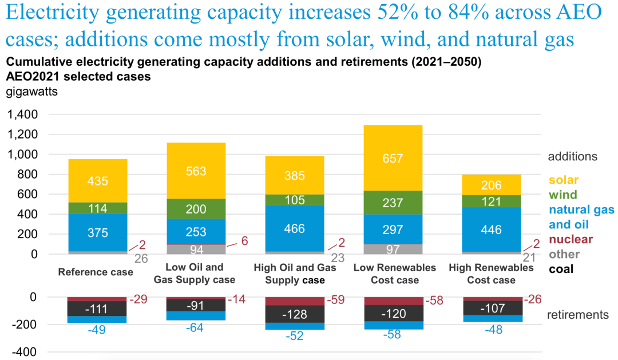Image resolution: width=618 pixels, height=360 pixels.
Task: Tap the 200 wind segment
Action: pos(196,209)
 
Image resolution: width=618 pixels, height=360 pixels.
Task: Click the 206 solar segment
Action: pos(492,185)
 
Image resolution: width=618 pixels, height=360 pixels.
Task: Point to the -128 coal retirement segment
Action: pos(295,314)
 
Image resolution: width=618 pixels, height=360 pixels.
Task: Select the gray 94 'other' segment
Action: pos(196,250)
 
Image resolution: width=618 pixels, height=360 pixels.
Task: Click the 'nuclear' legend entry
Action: pos(570,239)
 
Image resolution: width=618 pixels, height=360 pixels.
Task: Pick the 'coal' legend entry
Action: pos(561,269)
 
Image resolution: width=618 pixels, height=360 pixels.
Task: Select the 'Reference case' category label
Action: pos(96,272)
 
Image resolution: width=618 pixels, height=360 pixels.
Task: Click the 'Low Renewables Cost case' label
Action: pos(395,274)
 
